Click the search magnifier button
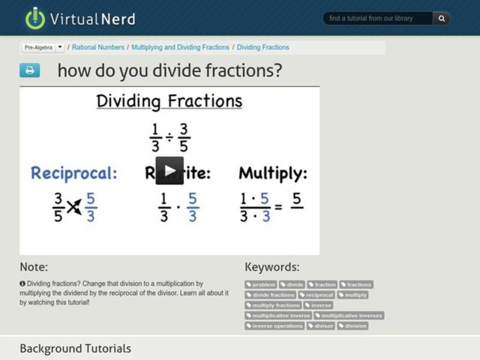click(442, 19)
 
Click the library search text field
click(378, 19)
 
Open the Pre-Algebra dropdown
click(60, 47)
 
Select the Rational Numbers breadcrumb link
click(98, 47)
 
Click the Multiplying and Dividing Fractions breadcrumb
click(181, 47)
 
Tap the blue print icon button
click(29, 70)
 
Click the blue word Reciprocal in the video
click(74, 173)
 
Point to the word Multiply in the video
click(273, 173)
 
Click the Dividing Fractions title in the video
click(169, 101)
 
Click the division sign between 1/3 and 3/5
click(169, 137)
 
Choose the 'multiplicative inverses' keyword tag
click(349, 316)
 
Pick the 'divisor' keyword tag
click(321, 326)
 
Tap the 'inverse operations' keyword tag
click(275, 326)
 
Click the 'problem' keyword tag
click(261, 284)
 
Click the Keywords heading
click(272, 267)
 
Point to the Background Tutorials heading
click(75, 348)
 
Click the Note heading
click(34, 267)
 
